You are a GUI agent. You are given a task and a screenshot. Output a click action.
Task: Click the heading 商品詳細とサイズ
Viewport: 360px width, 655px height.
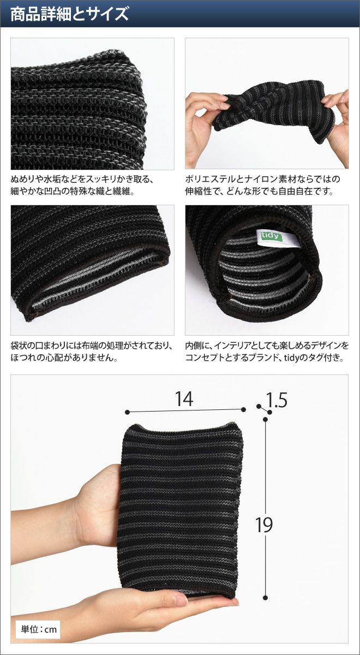70,14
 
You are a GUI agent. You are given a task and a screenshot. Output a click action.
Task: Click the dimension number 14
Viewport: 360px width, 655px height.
184,398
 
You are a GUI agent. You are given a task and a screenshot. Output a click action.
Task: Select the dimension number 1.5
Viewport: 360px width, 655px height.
277,400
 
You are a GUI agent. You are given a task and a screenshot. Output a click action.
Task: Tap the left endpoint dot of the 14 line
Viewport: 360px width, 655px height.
127,412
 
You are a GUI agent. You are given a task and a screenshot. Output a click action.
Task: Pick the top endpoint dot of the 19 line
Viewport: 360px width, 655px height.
265,420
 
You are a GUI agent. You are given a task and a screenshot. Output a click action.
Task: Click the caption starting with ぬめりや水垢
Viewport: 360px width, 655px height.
82,185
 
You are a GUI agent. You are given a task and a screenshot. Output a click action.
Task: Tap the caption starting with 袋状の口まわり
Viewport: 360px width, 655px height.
92,352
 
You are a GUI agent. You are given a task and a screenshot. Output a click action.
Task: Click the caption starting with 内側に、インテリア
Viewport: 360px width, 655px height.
267,352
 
